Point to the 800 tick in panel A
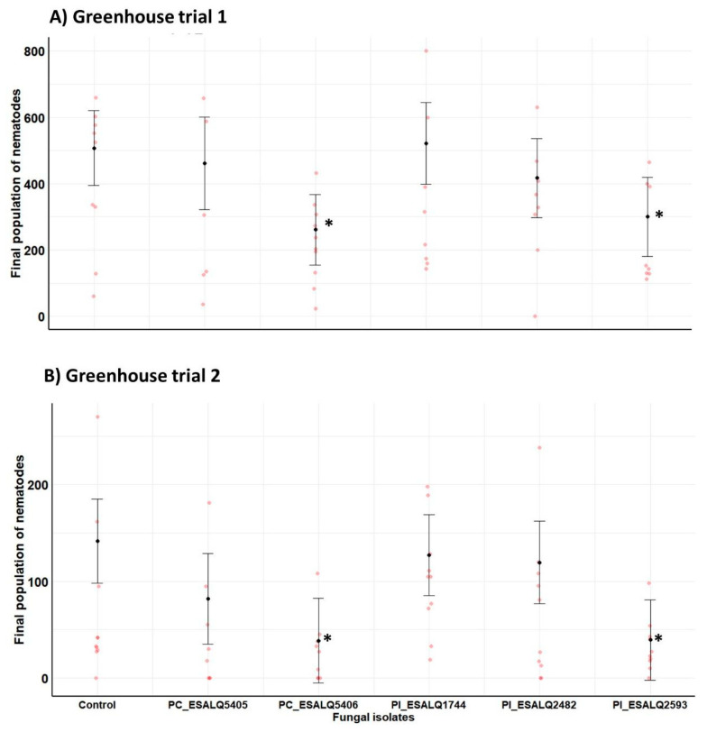coord(33,51)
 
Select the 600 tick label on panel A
coord(33,118)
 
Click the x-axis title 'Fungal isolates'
coord(372,718)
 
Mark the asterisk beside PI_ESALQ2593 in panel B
coord(659,640)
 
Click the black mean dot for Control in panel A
coord(95,148)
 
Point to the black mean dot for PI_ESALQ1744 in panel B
coord(427,555)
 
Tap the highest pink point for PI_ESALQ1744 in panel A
coord(427,50)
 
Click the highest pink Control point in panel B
coord(96,416)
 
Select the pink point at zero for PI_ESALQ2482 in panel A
coord(536,316)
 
